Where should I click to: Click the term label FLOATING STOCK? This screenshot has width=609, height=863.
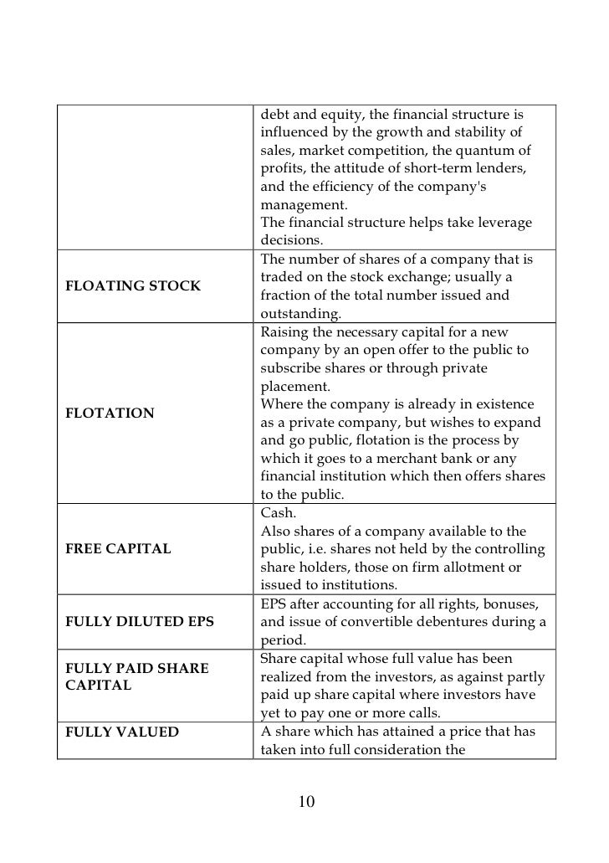click(132, 286)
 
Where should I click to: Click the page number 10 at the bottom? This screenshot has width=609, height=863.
click(306, 803)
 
